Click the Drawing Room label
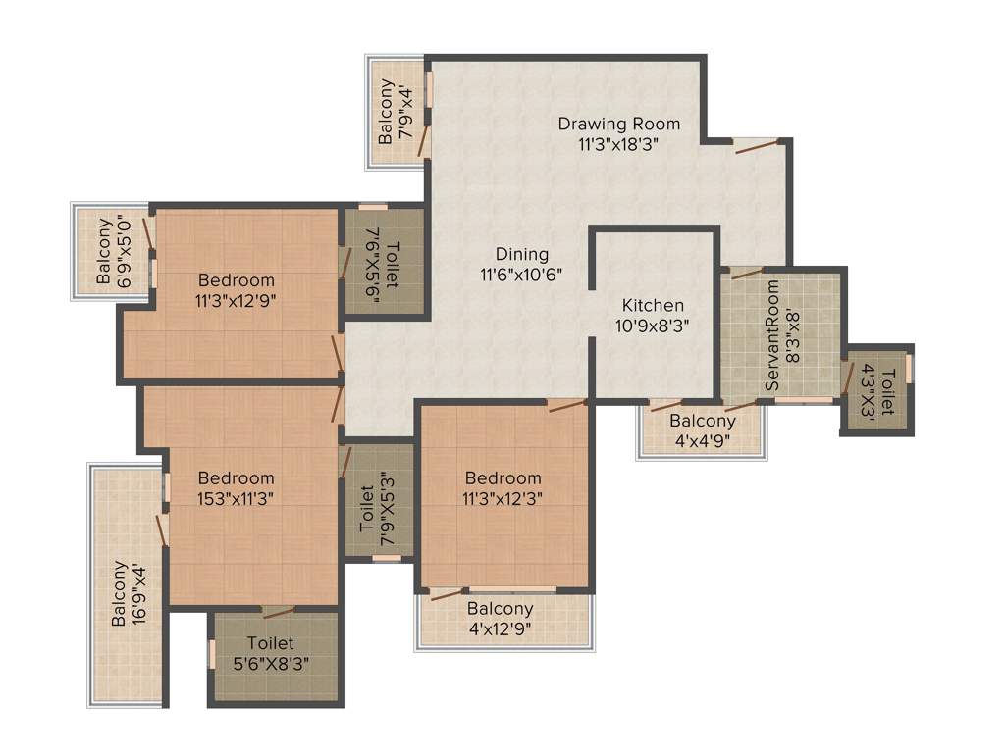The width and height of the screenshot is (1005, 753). (x=618, y=124)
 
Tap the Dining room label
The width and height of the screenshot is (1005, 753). (x=521, y=254)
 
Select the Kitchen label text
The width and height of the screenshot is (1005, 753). (x=653, y=306)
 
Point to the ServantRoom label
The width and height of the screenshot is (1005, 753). (x=772, y=335)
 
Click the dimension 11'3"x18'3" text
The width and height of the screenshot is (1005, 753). (x=618, y=143)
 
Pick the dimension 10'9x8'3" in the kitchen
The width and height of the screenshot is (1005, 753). (x=653, y=326)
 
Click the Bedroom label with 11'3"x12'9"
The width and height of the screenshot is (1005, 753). (x=236, y=280)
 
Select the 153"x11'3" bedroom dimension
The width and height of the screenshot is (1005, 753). (x=236, y=498)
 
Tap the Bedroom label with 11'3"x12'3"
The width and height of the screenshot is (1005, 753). (x=504, y=477)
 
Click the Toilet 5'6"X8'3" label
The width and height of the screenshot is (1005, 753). (x=270, y=644)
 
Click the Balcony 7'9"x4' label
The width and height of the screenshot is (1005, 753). (x=386, y=111)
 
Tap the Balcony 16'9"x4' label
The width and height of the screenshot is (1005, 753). (x=120, y=592)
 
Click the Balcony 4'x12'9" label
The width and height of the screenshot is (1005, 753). (x=501, y=609)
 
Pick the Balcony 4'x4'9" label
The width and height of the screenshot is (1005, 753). (x=702, y=421)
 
